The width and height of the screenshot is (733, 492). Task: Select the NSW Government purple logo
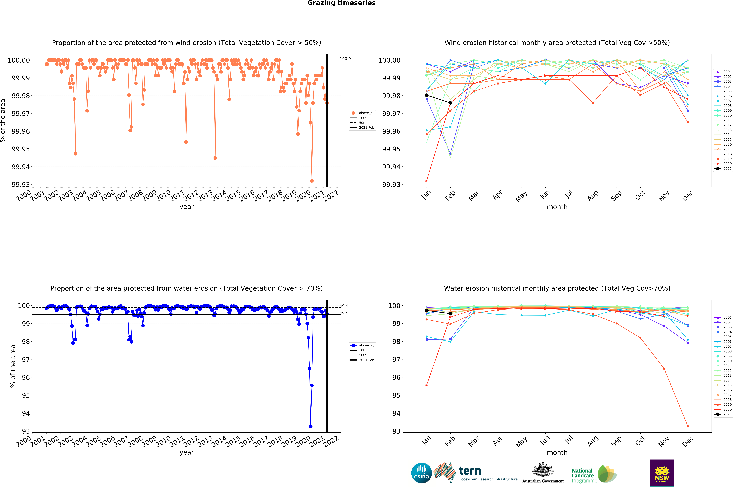(x=662, y=473)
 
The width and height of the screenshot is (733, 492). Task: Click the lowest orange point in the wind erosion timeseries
(x=312, y=181)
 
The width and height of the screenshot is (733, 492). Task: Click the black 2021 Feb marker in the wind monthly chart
(x=450, y=103)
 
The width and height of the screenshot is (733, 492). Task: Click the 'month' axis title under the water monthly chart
(x=557, y=452)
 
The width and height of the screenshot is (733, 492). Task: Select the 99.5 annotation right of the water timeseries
(x=344, y=313)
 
